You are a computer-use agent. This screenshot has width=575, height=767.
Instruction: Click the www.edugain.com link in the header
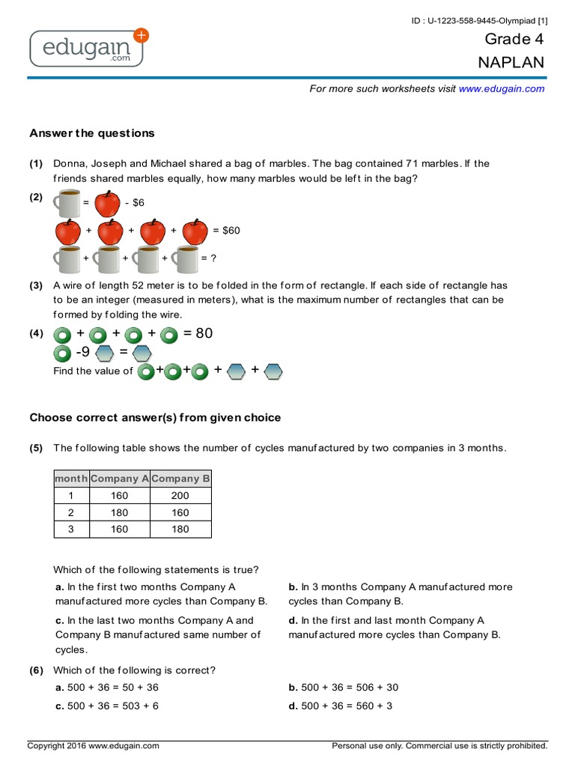[x=502, y=88]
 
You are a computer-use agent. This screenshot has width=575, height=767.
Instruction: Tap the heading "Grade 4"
[x=514, y=40]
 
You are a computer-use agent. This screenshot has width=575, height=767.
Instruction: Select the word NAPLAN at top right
[x=511, y=63]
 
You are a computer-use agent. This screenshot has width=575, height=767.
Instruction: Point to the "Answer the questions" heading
[x=92, y=133]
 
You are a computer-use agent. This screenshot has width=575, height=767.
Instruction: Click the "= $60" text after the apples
[x=227, y=231]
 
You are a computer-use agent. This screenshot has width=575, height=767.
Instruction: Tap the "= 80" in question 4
[x=198, y=333]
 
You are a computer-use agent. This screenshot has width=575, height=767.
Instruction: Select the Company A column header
[x=120, y=478]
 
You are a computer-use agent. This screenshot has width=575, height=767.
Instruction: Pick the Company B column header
[x=181, y=478]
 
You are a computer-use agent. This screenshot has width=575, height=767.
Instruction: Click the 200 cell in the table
[x=180, y=496]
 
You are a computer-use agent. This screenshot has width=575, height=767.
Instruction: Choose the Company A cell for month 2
[x=119, y=513]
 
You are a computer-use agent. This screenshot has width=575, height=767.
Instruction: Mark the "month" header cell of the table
[x=72, y=478]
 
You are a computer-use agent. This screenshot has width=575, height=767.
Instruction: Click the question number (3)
[x=37, y=285]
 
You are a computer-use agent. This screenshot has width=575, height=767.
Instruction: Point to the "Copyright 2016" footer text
[x=94, y=746]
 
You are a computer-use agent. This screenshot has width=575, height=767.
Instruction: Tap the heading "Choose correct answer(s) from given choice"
[x=155, y=417]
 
